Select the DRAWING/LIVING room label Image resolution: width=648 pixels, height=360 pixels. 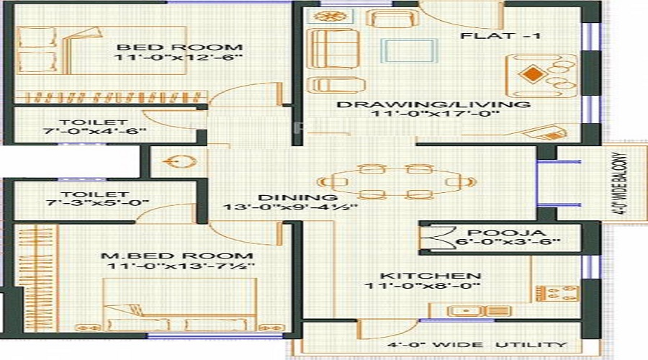click(x=434, y=104)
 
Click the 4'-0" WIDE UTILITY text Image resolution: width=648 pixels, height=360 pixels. click(x=492, y=345)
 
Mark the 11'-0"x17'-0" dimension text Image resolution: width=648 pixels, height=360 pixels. click(x=433, y=114)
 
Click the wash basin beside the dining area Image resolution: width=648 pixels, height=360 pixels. click(x=174, y=162)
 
